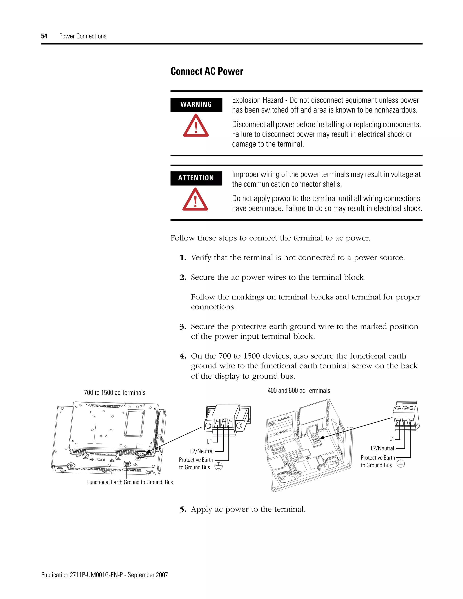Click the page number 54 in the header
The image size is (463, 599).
[x=44, y=36]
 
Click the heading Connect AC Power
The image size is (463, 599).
[x=207, y=71]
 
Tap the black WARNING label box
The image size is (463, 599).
[x=196, y=104]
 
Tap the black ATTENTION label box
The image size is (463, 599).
[x=196, y=178]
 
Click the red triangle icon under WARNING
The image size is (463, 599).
[x=196, y=126]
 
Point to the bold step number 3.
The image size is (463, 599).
[x=183, y=327]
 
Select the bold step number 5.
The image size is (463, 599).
[x=183, y=509]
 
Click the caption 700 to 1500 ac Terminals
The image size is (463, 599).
[x=115, y=392]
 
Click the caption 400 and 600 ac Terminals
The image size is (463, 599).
[x=299, y=390]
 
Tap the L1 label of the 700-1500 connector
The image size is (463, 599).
[x=209, y=442]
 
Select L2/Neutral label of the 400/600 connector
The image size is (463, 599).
[x=382, y=448]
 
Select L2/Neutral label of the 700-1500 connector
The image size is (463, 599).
[x=202, y=451]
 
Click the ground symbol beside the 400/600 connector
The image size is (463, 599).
[x=401, y=464]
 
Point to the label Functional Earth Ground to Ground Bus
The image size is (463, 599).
[x=130, y=482]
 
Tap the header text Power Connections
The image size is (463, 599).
[x=83, y=36]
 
